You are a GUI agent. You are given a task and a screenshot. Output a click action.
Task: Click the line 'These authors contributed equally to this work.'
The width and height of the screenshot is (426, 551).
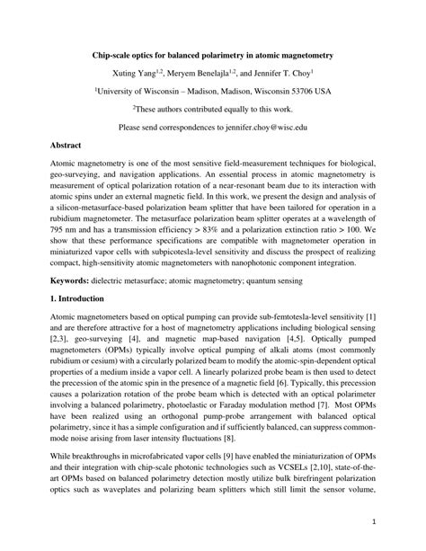tap(212, 109)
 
